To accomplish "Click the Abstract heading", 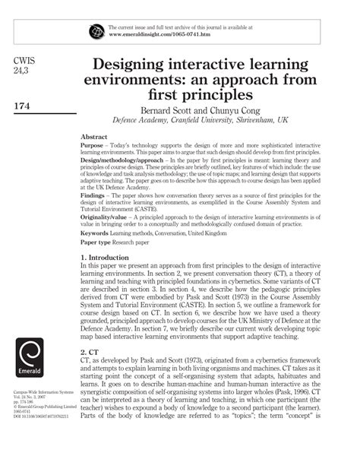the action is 93,137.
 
